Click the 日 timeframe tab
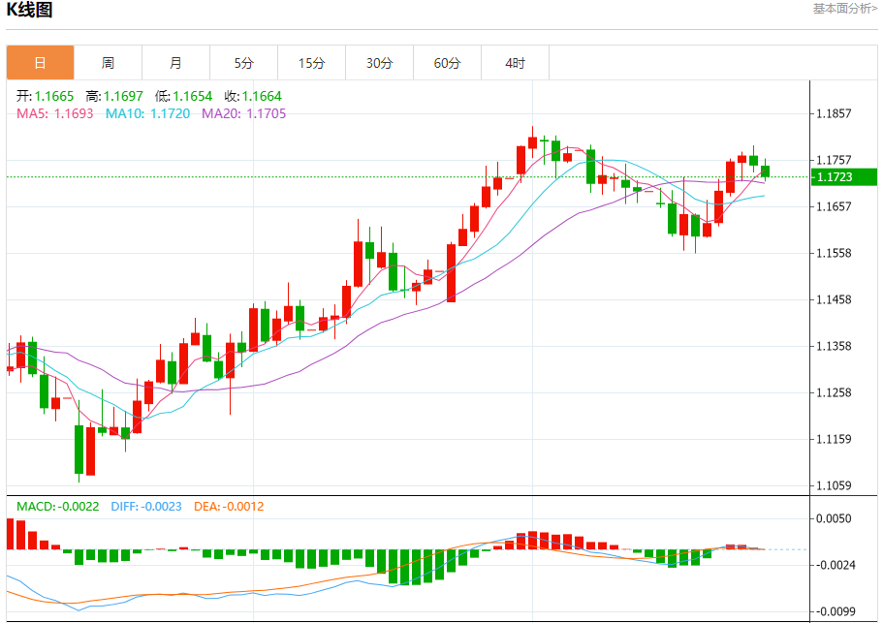pos(40,63)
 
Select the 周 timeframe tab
pos(108,63)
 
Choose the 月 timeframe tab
pos(175,63)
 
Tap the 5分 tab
pos(243,63)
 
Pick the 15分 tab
pos(311,63)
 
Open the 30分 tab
pos(379,63)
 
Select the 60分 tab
pos(447,63)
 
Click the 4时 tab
pos(515,63)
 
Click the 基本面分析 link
pos(844,9)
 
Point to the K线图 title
pos(30,11)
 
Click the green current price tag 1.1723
pos(842,176)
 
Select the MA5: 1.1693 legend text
pos(54,113)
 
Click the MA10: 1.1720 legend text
pos(147,113)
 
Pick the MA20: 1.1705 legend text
pos(243,113)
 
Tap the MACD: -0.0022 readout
pos(57,507)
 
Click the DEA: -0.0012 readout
pos(229,507)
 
